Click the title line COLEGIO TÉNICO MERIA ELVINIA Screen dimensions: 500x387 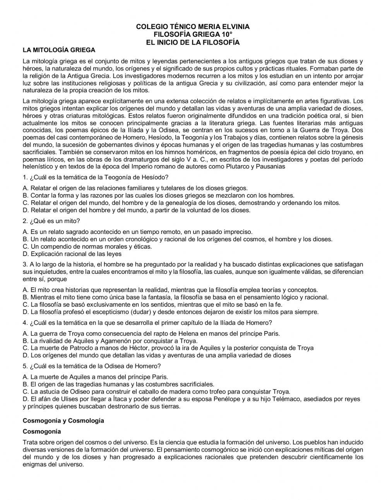(193, 27)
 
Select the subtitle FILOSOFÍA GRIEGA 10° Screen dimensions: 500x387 (193, 34)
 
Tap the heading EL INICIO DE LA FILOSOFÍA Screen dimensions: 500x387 (193, 42)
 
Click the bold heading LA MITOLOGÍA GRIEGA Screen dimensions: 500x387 (59, 50)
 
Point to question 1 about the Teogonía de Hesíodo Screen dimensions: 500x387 (96, 177)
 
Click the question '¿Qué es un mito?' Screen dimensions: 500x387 (51, 221)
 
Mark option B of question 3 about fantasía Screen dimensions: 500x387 (175, 297)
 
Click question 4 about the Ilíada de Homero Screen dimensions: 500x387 (147, 322)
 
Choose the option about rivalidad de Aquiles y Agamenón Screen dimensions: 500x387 (110, 341)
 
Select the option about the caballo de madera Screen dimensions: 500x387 (156, 391)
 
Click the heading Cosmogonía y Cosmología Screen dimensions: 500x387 (63, 420)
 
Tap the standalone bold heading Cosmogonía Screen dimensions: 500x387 (42, 431)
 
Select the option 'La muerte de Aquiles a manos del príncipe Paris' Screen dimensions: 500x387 (95, 376)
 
